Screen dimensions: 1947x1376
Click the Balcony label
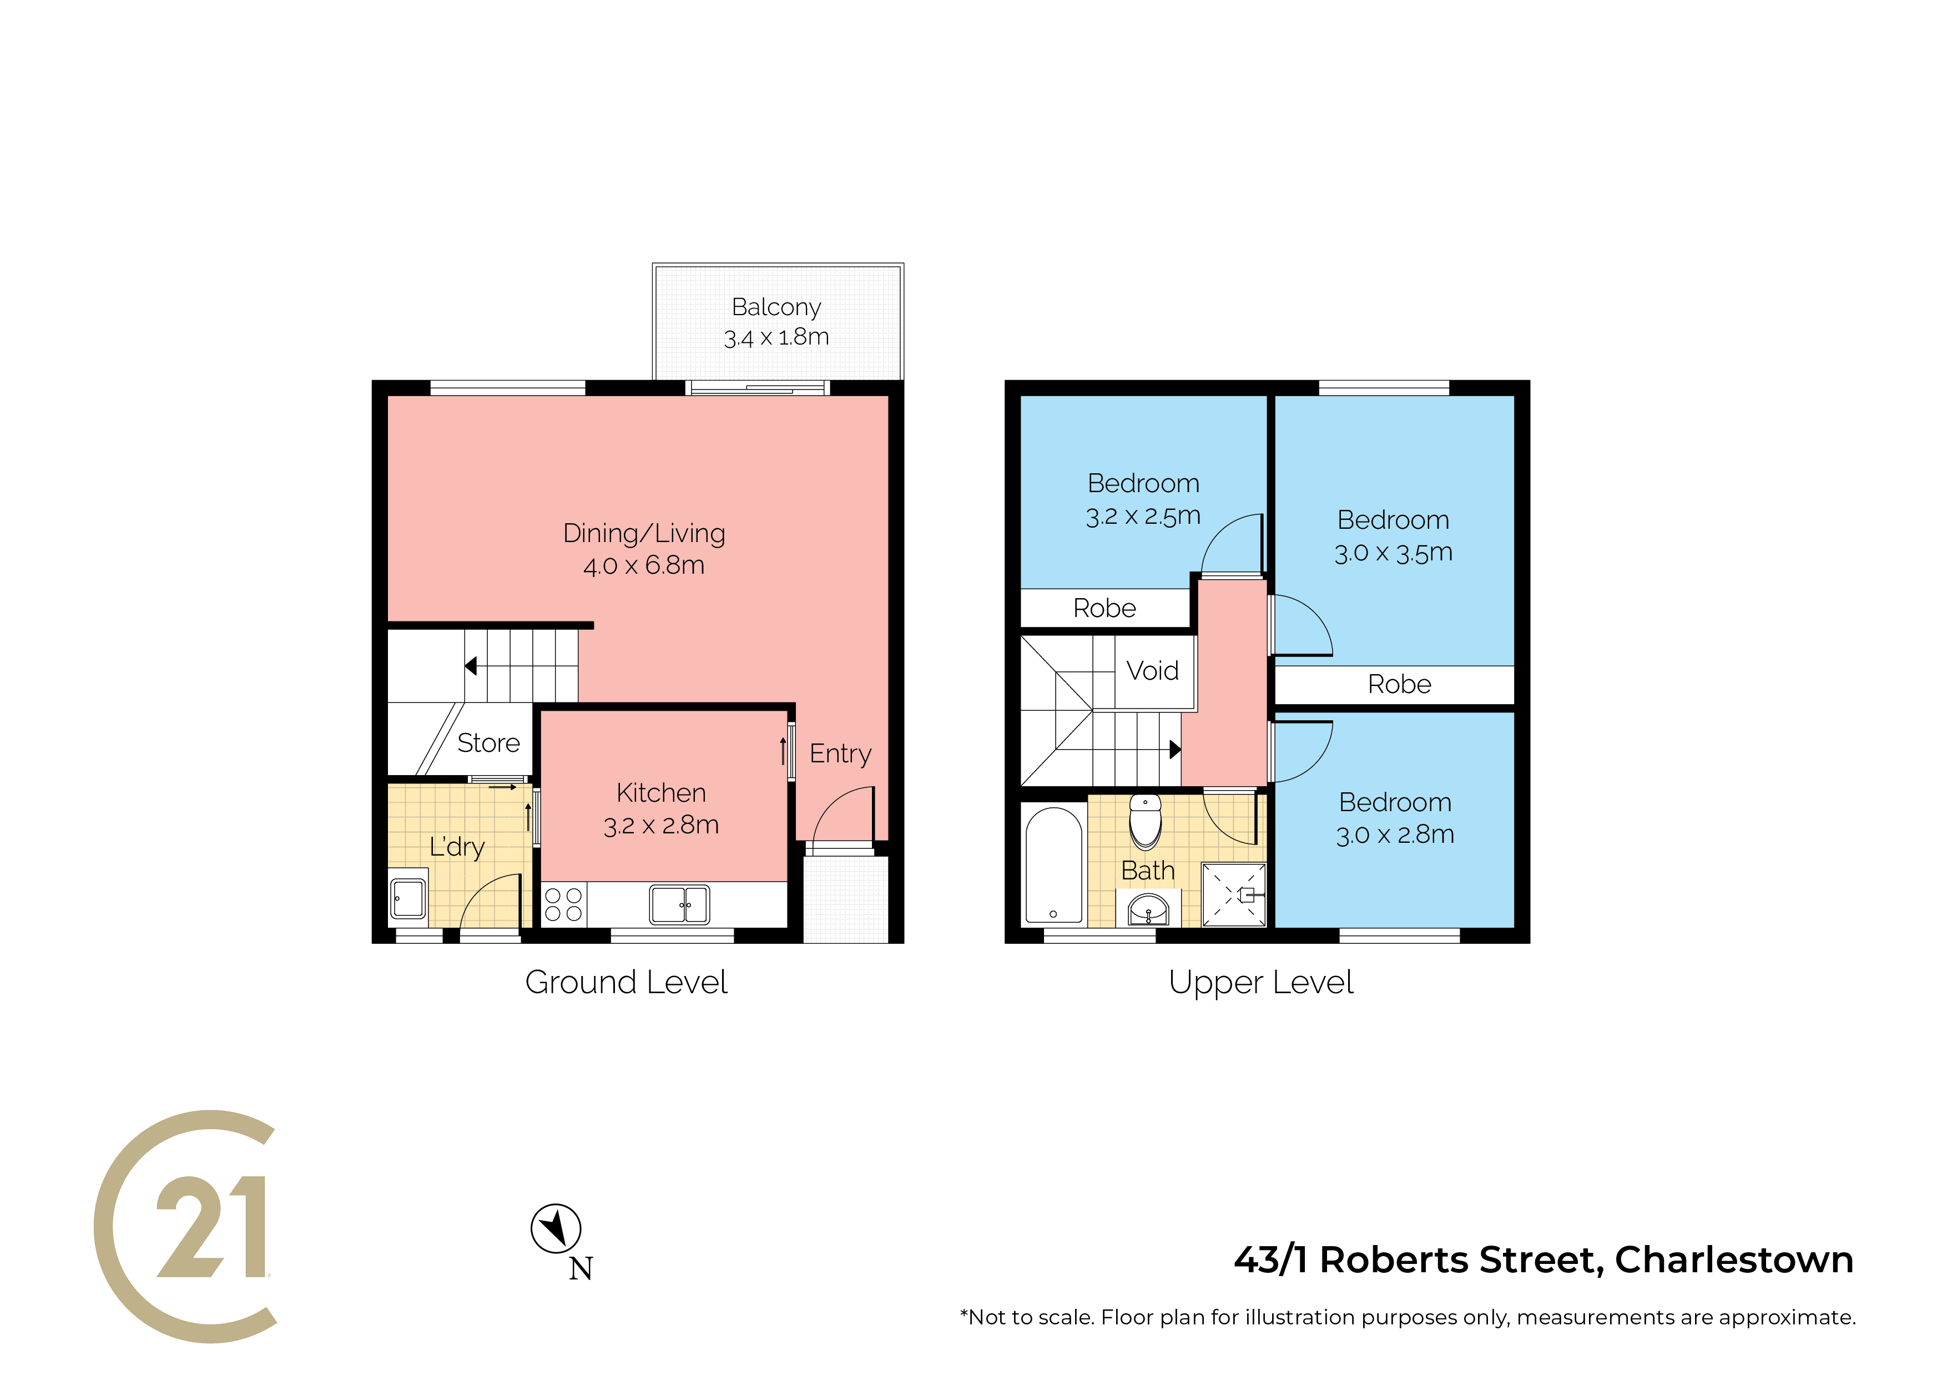pyautogui.click(x=776, y=306)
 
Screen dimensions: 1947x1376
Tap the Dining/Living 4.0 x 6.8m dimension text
pyautogui.click(x=644, y=565)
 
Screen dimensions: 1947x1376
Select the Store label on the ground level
pyautogui.click(x=488, y=743)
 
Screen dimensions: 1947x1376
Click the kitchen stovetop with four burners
pyautogui.click(x=563, y=904)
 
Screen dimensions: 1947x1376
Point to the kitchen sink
pyautogui.click(x=679, y=904)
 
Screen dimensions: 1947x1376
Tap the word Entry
pyautogui.click(x=840, y=753)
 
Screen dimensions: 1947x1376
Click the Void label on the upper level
pyautogui.click(x=1152, y=671)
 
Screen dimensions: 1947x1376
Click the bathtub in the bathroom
pyautogui.click(x=1053, y=865)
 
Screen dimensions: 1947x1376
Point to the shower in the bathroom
pyautogui.click(x=1234, y=894)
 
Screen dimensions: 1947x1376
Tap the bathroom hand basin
pyautogui.click(x=1148, y=909)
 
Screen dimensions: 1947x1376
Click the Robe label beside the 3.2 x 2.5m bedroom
pyautogui.click(x=1104, y=608)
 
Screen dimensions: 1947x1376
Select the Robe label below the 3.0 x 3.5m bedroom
pyautogui.click(x=1399, y=684)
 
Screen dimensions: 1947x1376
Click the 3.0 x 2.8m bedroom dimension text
pyautogui.click(x=1395, y=835)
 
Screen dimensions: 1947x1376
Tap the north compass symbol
pyautogui.click(x=556, y=1228)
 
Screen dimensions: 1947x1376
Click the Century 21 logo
pyautogui.click(x=186, y=1226)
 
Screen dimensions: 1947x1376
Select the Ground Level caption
pyautogui.click(x=626, y=982)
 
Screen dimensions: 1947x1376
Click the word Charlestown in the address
pyautogui.click(x=1734, y=1260)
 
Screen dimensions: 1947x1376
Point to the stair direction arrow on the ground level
pyautogui.click(x=471, y=666)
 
